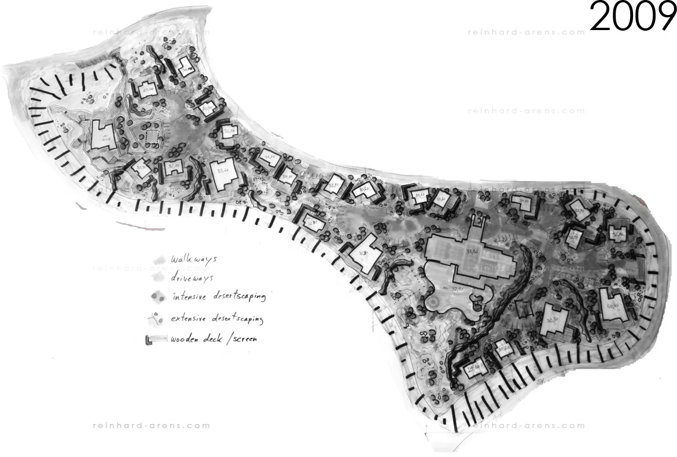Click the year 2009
[x=633, y=17]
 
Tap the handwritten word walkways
[x=189, y=260]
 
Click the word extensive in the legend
[x=190, y=319]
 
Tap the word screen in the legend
[x=241, y=339]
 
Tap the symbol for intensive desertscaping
[x=157, y=297]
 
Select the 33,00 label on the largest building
[x=472, y=250]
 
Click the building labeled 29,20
[x=148, y=89]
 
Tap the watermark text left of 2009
[x=526, y=32]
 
